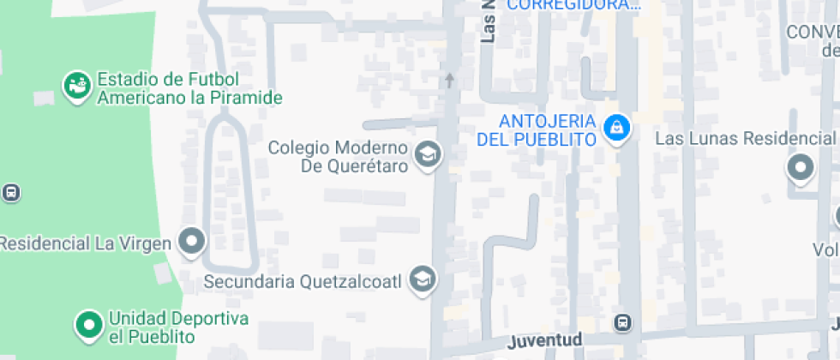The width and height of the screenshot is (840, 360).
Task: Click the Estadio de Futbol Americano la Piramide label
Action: click(189, 89)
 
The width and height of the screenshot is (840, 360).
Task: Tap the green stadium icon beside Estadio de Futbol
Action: click(76, 86)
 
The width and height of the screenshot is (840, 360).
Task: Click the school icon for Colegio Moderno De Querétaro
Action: click(426, 155)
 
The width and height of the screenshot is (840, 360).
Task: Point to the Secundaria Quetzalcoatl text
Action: click(304, 280)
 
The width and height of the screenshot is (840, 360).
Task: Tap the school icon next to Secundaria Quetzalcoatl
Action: click(422, 279)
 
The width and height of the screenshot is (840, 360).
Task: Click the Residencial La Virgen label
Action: click(86, 243)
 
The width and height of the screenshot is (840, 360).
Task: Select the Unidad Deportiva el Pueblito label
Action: click(178, 327)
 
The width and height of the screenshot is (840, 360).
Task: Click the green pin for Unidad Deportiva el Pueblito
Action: click(87, 324)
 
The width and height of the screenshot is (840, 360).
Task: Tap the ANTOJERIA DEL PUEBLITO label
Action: click(536, 129)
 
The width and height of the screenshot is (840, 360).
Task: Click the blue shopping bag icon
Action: click(615, 129)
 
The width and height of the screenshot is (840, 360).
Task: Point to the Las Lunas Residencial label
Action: click(744, 138)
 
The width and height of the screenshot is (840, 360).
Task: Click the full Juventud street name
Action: click(545, 340)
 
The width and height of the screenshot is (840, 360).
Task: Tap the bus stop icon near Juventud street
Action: click(623, 323)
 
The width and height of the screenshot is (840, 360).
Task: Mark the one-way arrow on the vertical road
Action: click(448, 81)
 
